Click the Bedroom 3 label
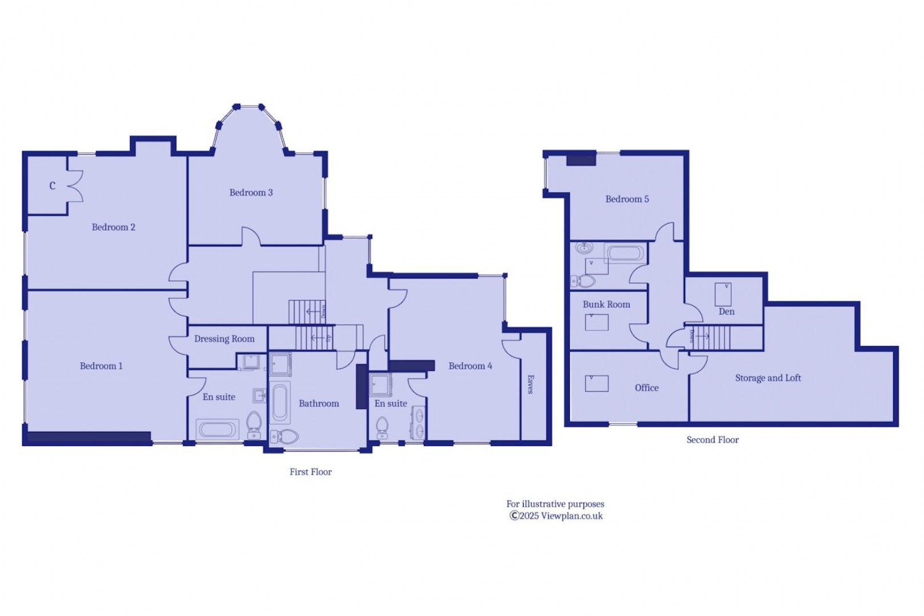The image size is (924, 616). (251, 192)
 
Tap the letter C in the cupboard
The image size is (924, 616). (52, 186)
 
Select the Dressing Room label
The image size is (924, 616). (224, 339)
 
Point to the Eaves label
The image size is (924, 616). (530, 384)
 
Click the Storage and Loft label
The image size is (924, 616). (768, 378)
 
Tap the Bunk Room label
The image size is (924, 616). (606, 305)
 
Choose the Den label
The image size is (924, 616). (727, 311)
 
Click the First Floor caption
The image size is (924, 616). (311, 472)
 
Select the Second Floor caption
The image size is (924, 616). (712, 440)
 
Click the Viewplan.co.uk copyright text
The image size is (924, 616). (556, 516)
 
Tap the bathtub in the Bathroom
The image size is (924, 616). (280, 403)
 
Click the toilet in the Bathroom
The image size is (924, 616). (285, 436)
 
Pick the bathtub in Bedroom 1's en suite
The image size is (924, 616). (217, 429)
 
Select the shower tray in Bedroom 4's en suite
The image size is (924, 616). (380, 384)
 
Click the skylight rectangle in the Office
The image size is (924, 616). (597, 383)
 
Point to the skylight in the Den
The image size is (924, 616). (723, 294)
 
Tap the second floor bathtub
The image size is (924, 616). (625, 253)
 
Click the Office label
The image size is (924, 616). (646, 388)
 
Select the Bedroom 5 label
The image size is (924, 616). (627, 199)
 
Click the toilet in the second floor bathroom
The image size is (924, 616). (583, 281)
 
